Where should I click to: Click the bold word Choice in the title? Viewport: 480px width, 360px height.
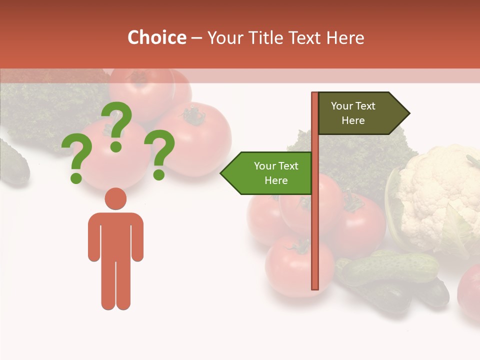click(156, 38)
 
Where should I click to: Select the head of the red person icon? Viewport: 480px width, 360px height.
click(115, 198)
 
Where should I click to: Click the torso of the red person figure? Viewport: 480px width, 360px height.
click(115, 235)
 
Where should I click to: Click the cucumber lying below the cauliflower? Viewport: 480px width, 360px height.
click(390, 267)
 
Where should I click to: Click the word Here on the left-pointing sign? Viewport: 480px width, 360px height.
click(276, 180)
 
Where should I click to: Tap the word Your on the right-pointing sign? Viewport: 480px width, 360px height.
click(342, 106)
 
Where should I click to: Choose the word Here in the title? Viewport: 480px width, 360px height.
click(345, 38)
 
